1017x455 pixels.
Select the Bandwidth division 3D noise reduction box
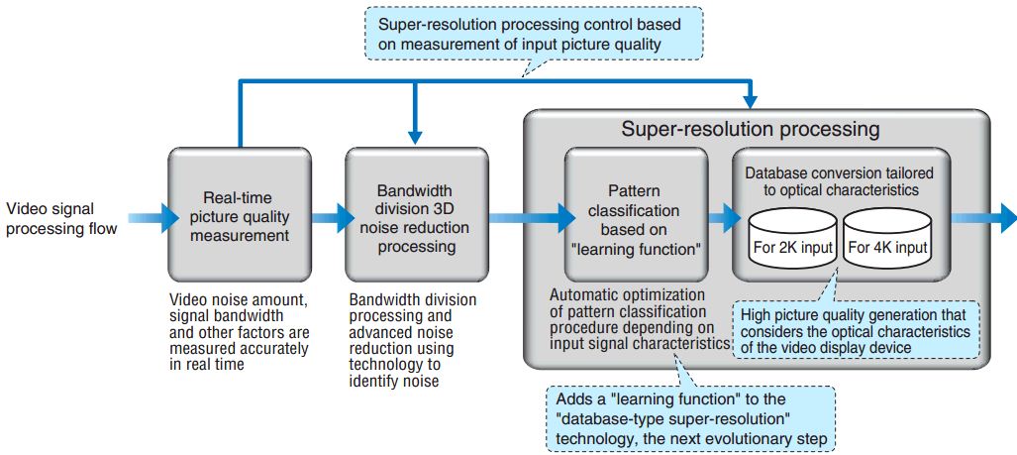tap(416, 214)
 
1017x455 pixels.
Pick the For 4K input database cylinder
tap(888, 241)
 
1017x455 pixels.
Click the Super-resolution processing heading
tap(750, 129)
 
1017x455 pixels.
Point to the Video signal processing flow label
tap(62, 218)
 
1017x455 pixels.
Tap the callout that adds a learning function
tap(690, 416)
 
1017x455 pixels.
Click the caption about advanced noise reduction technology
tap(413, 337)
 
